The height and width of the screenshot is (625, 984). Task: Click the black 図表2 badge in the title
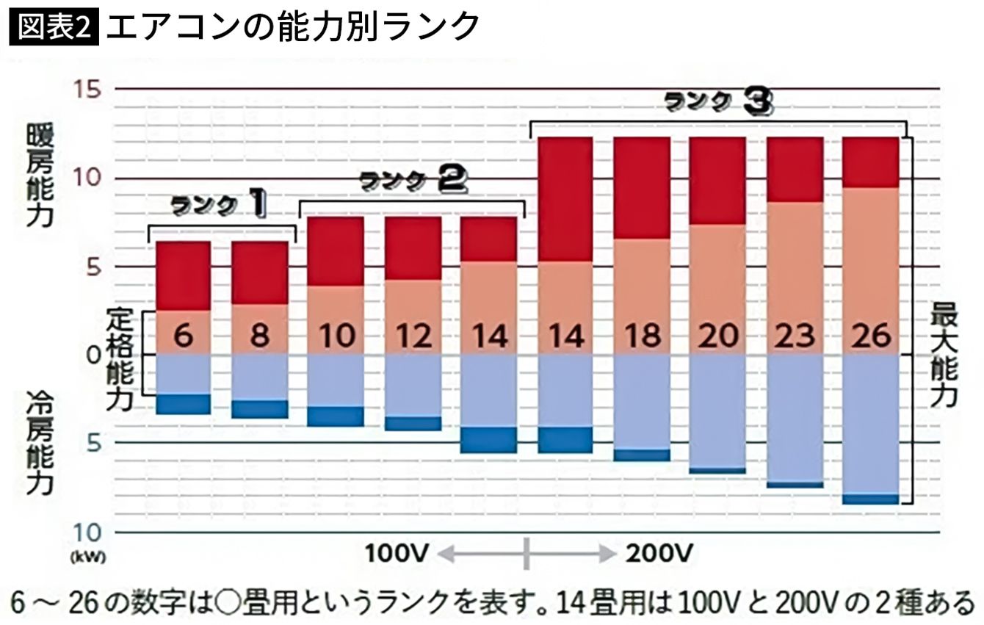[x=54, y=28]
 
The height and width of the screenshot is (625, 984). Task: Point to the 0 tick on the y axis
[x=93, y=354]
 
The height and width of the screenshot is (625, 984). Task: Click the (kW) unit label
[x=89, y=556]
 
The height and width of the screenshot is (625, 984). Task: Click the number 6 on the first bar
[x=184, y=336]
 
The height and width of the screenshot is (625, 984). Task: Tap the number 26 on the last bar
[x=871, y=336]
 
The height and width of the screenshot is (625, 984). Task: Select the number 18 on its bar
[x=642, y=336]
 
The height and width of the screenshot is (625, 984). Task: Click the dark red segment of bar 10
[x=336, y=251]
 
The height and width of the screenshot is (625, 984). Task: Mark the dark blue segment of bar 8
[x=260, y=408]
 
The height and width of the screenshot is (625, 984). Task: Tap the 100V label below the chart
[x=397, y=552]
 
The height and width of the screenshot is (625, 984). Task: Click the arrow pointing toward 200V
[x=574, y=552]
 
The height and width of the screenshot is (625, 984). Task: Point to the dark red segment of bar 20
[x=718, y=181]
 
